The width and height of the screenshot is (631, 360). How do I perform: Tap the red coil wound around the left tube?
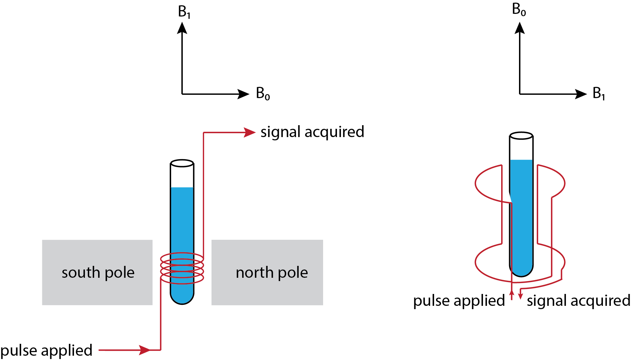(x=182, y=268)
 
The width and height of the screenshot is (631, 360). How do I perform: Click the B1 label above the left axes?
(x=184, y=12)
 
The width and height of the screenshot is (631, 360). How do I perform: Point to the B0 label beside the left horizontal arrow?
(x=263, y=93)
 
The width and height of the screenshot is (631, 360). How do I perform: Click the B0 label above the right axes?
(x=519, y=10)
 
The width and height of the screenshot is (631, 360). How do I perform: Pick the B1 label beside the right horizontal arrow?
(x=599, y=93)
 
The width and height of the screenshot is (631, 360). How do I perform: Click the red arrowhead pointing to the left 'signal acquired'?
(x=249, y=132)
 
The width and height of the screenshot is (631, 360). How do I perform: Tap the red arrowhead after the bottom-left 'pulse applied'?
(x=145, y=350)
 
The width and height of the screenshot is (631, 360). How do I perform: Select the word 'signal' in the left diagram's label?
(x=280, y=132)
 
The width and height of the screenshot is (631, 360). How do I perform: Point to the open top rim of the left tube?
(x=182, y=163)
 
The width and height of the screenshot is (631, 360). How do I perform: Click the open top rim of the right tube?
(x=521, y=136)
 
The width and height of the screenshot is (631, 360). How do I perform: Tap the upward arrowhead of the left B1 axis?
(x=182, y=28)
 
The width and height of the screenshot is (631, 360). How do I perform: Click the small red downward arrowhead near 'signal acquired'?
(x=520, y=296)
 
